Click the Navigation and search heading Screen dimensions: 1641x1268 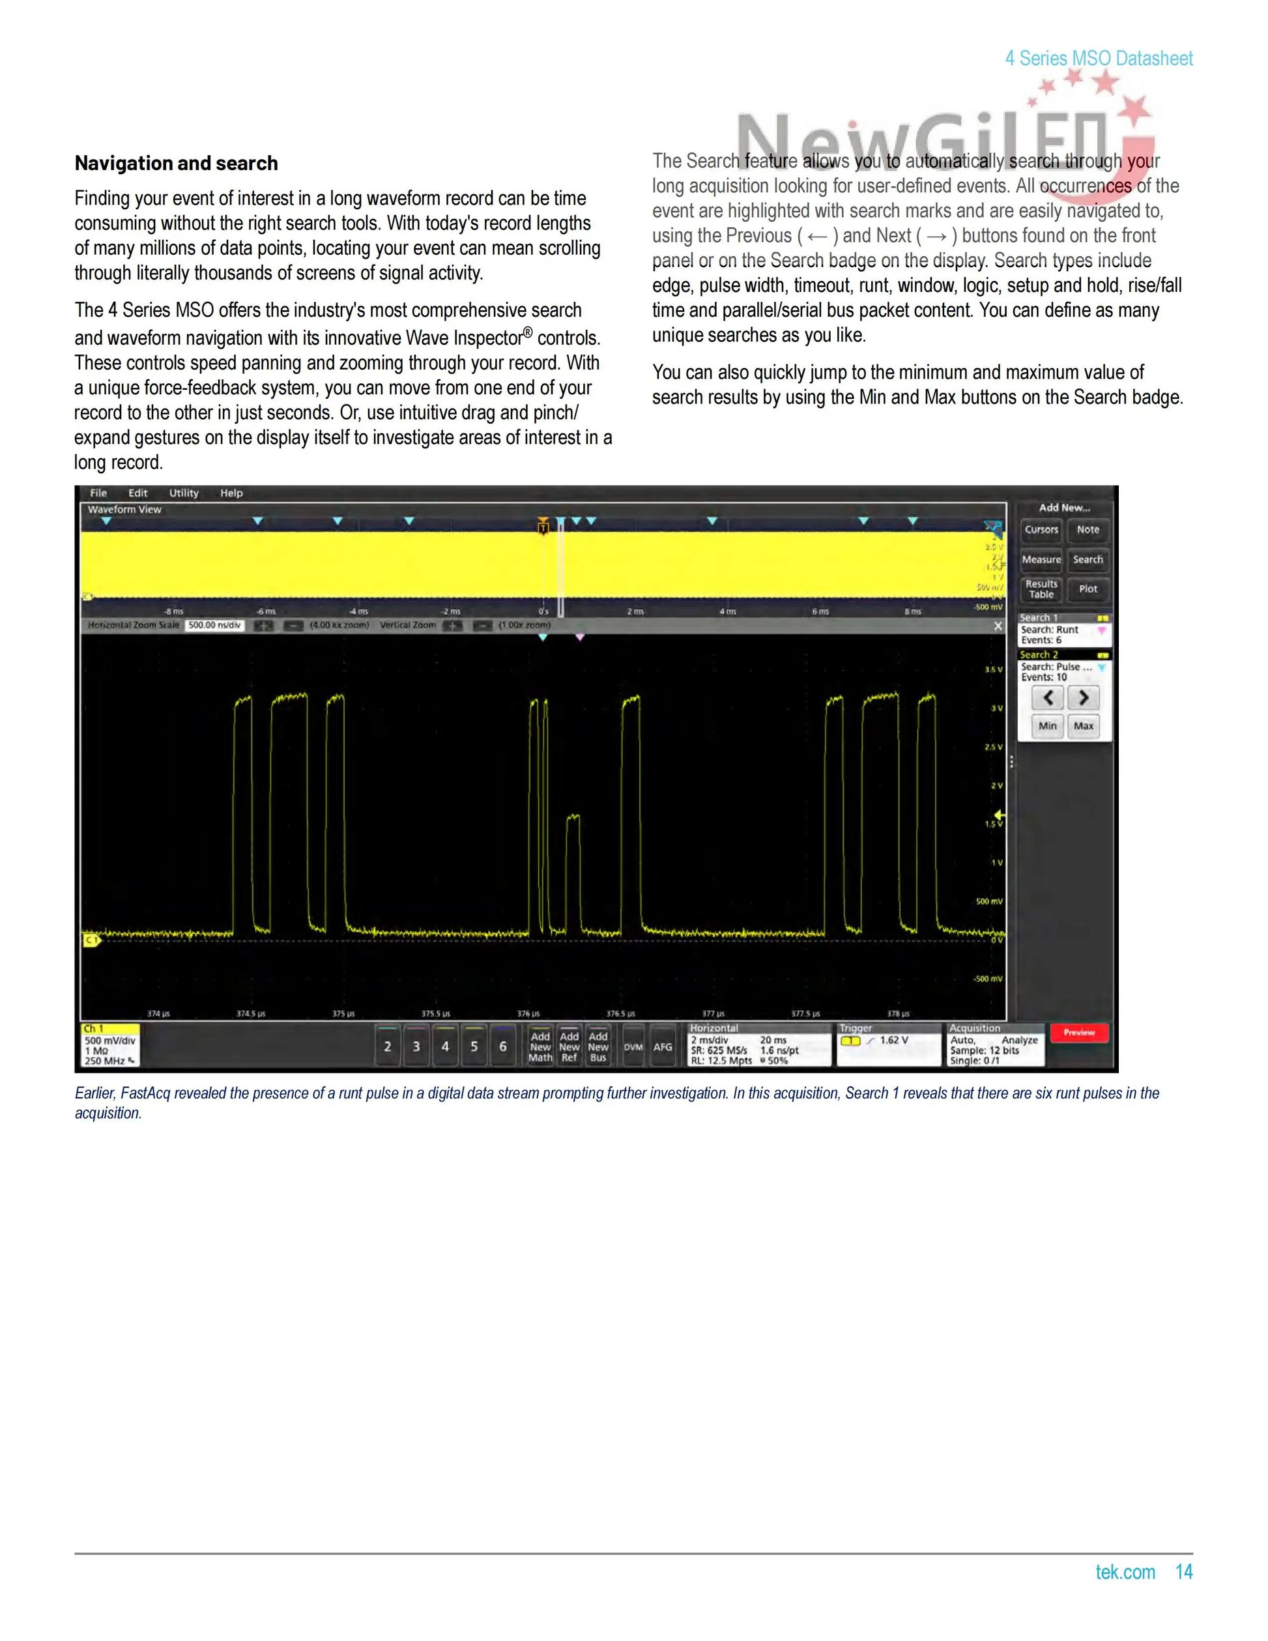tap(176, 163)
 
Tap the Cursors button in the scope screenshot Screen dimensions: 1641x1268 tap(1041, 530)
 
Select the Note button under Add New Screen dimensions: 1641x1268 tap(1087, 530)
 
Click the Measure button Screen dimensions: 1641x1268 tap(1041, 560)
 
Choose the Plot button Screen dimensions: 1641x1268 tap(1087, 589)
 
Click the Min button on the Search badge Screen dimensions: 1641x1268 tap(1047, 726)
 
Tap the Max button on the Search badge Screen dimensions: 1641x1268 tap(1083, 726)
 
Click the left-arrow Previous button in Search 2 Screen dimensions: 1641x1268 tap(1048, 698)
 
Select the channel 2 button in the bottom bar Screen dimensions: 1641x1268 tap(388, 1046)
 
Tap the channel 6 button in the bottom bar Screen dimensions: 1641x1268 tap(502, 1046)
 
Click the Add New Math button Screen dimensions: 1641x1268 tap(540, 1046)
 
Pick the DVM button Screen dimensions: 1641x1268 tap(633, 1047)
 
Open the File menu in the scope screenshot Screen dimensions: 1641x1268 tap(98, 493)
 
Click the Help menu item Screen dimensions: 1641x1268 tap(231, 493)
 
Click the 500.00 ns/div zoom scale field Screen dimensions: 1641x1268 tap(214, 625)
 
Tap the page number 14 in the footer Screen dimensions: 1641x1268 tap(1183, 1572)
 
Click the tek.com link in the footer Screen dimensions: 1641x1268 tap(1125, 1572)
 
